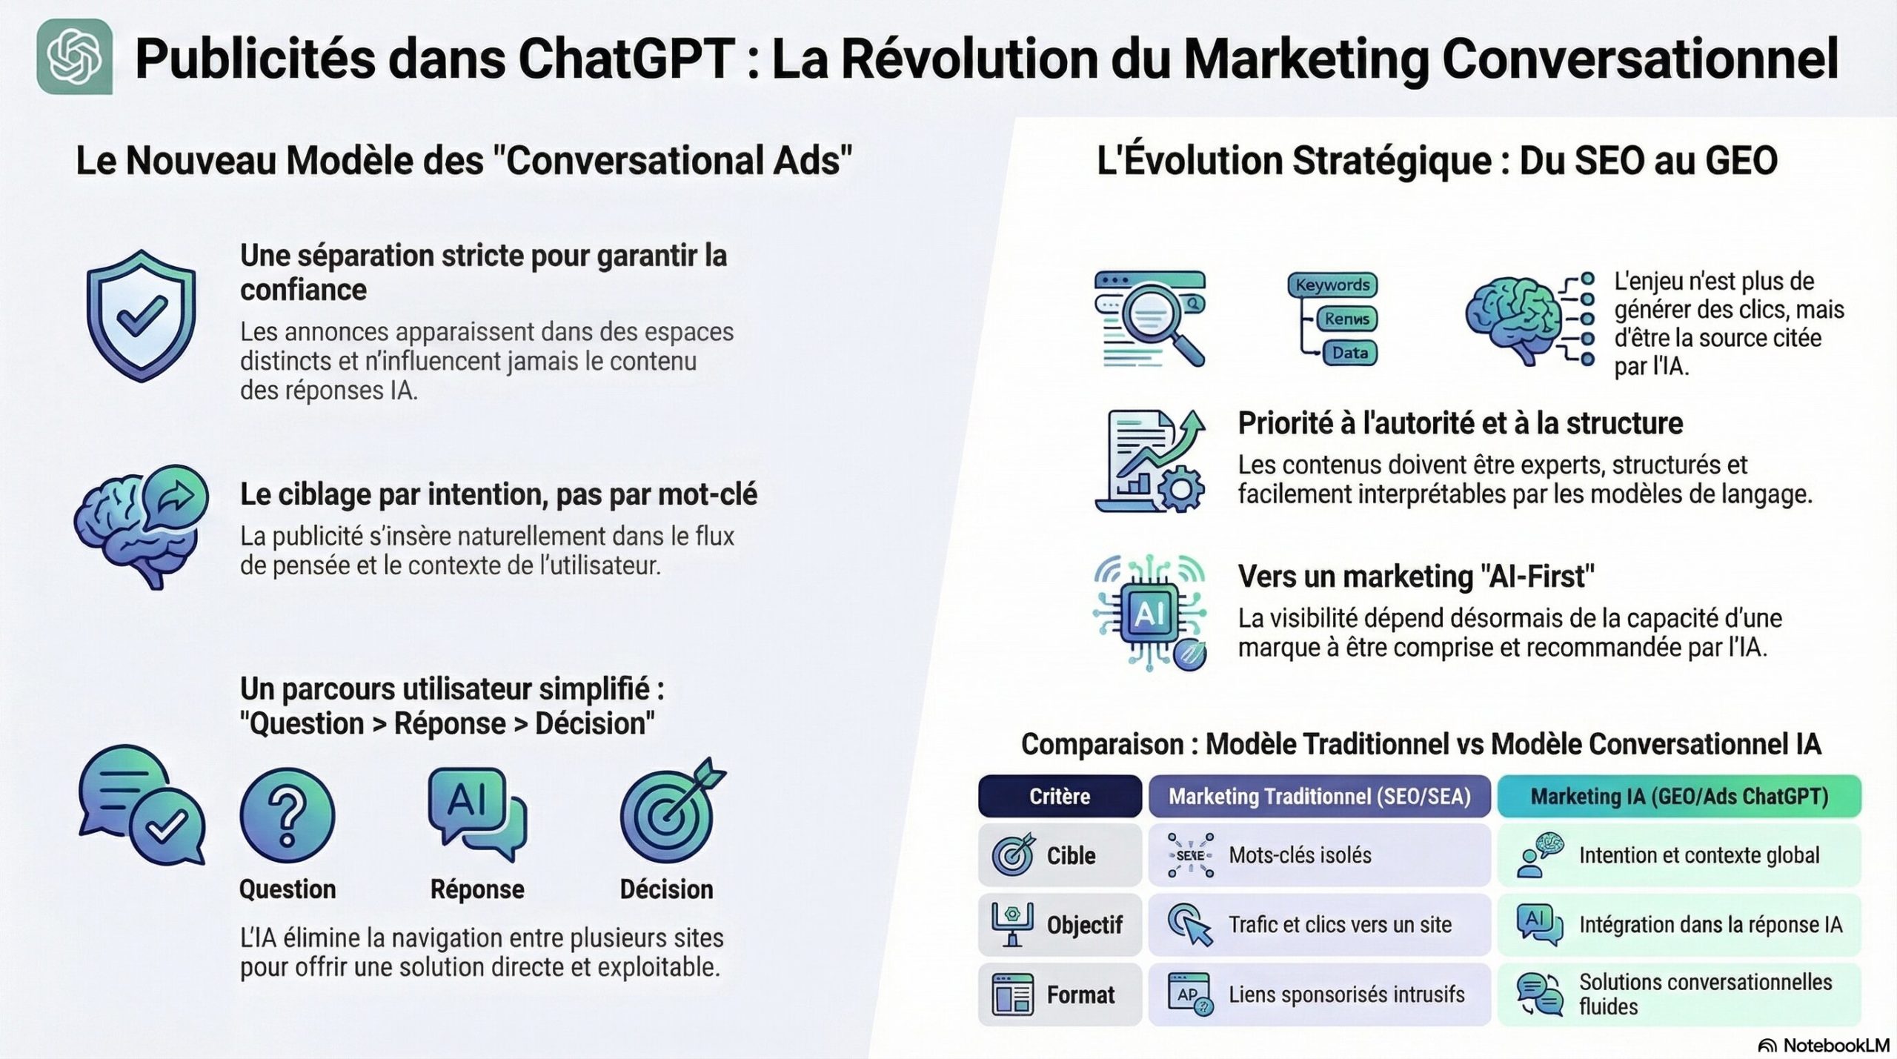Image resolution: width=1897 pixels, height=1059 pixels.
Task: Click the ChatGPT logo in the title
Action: (x=75, y=56)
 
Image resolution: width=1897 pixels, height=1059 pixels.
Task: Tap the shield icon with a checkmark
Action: (x=141, y=316)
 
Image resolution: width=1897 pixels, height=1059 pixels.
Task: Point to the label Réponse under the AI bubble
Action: (x=477, y=889)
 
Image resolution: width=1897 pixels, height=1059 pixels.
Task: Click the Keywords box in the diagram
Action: (x=1332, y=285)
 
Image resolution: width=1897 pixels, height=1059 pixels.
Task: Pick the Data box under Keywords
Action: (x=1349, y=353)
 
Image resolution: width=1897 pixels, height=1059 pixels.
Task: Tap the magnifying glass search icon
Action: (x=1152, y=319)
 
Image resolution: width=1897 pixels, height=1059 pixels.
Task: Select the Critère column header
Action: (x=1060, y=797)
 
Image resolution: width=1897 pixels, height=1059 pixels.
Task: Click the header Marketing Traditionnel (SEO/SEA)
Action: (x=1319, y=797)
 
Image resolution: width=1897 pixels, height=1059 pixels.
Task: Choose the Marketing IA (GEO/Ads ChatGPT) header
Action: (x=1679, y=797)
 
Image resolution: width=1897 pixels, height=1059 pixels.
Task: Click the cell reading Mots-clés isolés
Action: (x=1300, y=855)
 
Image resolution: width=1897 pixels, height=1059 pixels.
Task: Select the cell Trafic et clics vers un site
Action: (x=1340, y=925)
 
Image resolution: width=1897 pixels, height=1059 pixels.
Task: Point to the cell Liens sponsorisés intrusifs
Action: (x=1346, y=995)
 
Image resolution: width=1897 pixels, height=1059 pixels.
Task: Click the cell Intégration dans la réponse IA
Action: (x=1710, y=925)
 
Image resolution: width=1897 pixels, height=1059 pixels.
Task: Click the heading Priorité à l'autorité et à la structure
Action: (x=1460, y=423)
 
